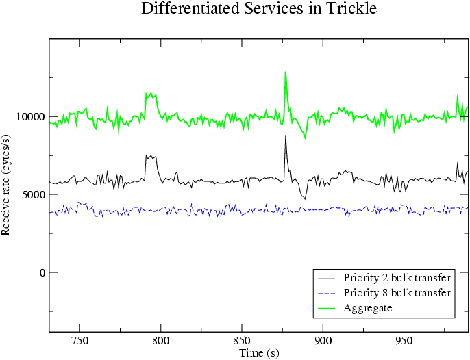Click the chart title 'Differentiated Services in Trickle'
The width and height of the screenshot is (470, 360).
coord(258,9)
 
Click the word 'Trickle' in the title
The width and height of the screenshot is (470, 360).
coord(351,9)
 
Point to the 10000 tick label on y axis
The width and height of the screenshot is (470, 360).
coord(30,117)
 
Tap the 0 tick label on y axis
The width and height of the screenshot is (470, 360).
coord(42,273)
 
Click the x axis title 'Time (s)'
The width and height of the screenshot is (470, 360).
coord(259,352)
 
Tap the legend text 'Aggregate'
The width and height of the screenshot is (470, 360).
coord(368,309)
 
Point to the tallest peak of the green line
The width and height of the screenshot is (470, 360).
coord(286,72)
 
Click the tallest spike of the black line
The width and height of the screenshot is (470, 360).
coord(286,136)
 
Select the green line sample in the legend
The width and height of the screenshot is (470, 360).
coord(328,309)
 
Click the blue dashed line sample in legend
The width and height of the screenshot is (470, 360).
coord(328,294)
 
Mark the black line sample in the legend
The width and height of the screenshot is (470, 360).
coord(328,279)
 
